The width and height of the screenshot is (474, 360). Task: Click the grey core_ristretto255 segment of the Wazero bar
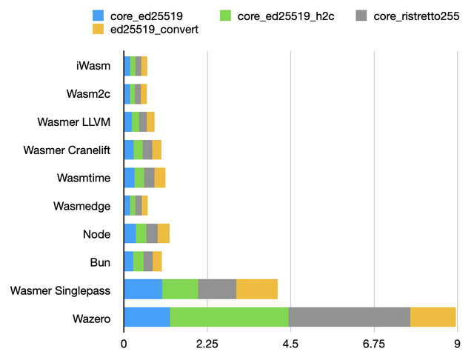click(x=349, y=316)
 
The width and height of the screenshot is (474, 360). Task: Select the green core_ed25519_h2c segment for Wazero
click(x=229, y=316)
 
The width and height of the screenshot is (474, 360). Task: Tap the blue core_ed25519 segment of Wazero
click(x=147, y=316)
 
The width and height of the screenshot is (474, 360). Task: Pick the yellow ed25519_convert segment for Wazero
click(x=433, y=316)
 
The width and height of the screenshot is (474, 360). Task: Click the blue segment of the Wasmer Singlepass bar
click(x=143, y=289)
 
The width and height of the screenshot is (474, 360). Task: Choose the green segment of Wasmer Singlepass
click(x=180, y=289)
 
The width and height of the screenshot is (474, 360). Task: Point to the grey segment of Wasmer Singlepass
click(x=217, y=289)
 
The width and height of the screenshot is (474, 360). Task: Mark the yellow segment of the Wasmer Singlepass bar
click(x=256, y=289)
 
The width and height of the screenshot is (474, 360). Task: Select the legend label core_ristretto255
click(x=417, y=16)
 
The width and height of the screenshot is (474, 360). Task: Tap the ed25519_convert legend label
click(x=154, y=29)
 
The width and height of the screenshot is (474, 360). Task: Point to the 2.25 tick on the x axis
click(x=207, y=344)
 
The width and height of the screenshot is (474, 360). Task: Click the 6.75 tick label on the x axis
click(x=374, y=344)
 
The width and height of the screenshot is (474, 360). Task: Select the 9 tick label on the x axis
click(x=456, y=344)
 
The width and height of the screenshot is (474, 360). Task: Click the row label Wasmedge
click(x=82, y=205)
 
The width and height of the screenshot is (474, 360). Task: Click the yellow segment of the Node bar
click(x=164, y=233)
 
